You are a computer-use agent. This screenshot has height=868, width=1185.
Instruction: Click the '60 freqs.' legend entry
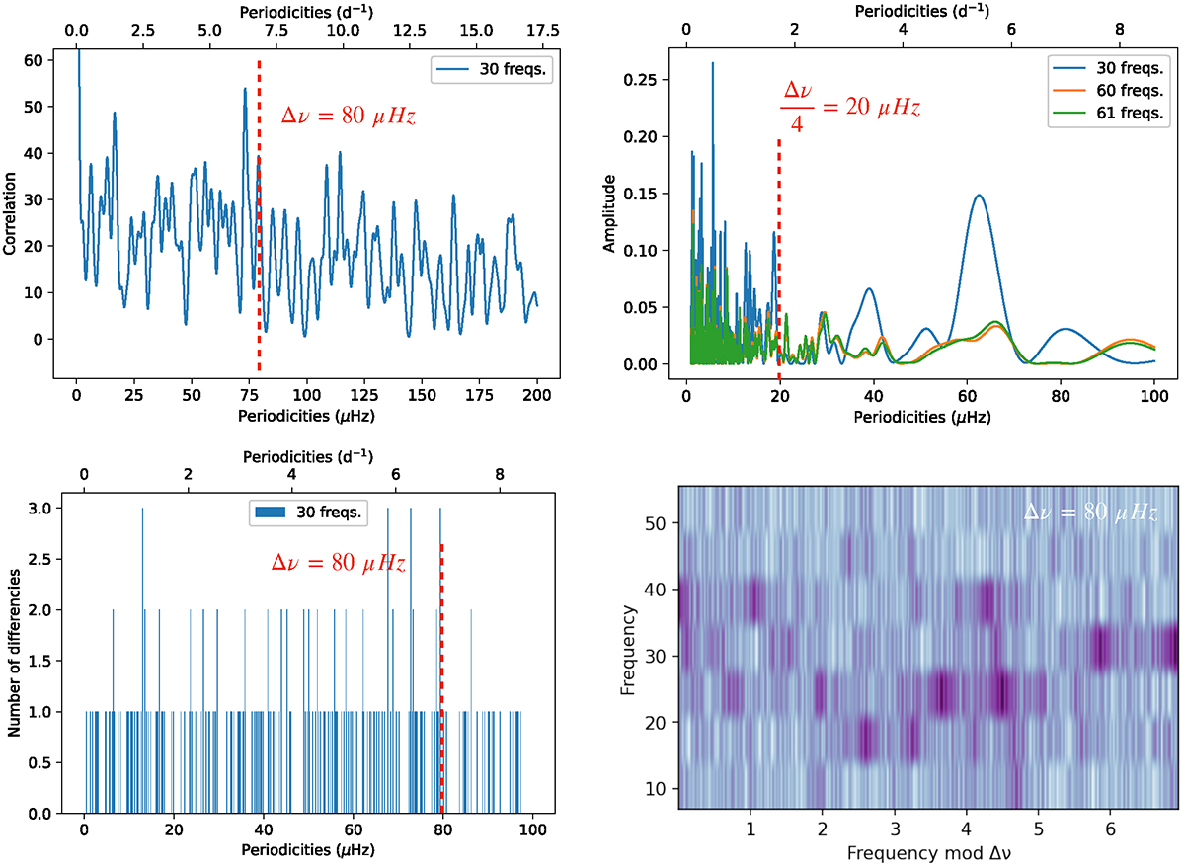[x=1117, y=93]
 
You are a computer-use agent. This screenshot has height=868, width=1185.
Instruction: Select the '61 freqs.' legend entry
[x=1117, y=114]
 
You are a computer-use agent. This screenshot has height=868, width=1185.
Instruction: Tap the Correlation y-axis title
[x=11, y=215]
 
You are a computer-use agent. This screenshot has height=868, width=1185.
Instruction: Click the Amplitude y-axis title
[x=610, y=213]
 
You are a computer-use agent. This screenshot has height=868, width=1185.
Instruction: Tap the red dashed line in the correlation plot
[x=259, y=217]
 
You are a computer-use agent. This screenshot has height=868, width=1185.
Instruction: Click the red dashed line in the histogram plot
[x=441, y=681]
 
